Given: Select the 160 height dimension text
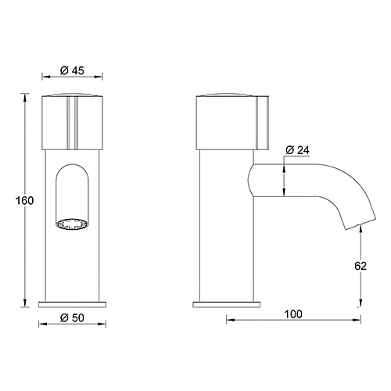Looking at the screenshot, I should (25, 200).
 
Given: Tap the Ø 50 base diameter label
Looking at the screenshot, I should (73, 316).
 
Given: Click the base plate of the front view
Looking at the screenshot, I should (73, 302).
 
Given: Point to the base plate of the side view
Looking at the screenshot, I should (227, 302).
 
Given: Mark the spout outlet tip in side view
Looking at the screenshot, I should (352, 227).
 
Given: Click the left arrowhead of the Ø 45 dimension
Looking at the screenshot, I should (42, 77).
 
